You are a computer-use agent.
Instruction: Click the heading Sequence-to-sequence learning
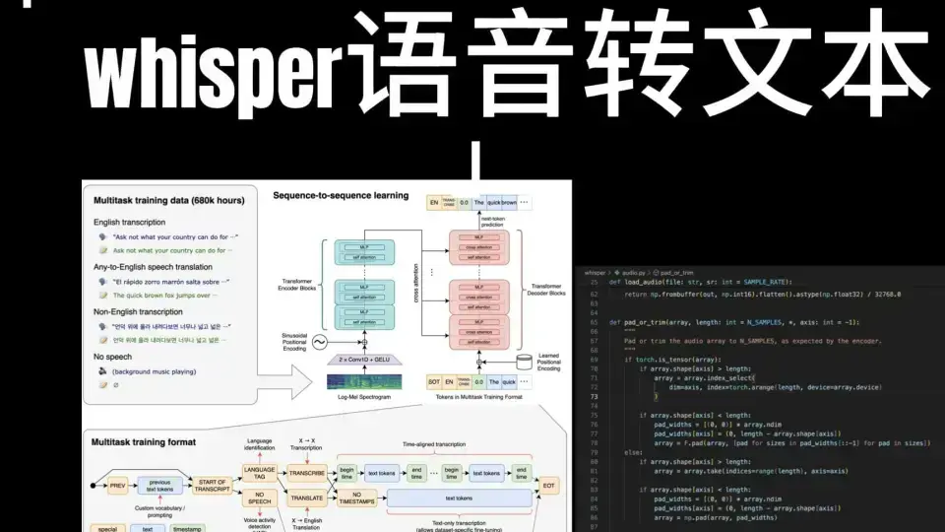[x=341, y=195]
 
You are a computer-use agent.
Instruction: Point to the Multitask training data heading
[x=168, y=201]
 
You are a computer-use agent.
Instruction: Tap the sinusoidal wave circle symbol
[x=319, y=343]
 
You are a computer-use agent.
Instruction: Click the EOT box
[x=549, y=486]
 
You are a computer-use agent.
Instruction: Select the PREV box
[x=118, y=486]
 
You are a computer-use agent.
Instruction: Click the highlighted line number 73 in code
[x=595, y=368]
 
